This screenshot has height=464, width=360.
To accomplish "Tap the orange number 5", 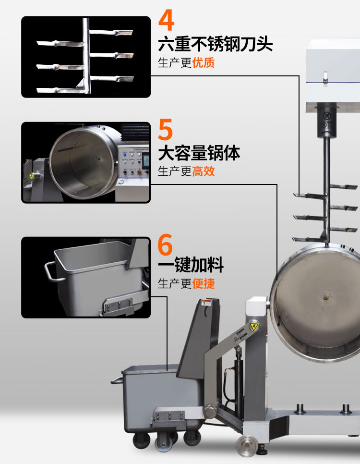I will point(166,130).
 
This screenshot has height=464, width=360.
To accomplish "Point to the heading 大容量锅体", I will point(199,154).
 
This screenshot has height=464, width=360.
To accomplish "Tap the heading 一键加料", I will point(191,265).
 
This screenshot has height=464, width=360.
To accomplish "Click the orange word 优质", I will point(204,63).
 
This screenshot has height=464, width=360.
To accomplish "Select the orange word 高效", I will point(204,171).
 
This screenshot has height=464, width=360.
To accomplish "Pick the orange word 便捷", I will point(204,283).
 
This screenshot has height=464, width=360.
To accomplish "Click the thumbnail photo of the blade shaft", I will point(86,57).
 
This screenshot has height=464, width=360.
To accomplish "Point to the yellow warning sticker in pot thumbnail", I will point(32,176).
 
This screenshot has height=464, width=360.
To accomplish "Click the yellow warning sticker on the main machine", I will point(253,327).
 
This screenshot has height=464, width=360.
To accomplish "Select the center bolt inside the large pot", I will point(326,298).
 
